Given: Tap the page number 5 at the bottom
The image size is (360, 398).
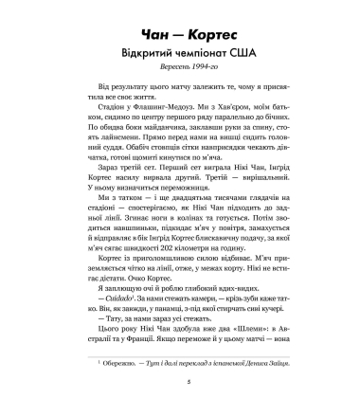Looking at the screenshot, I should click(179, 382).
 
